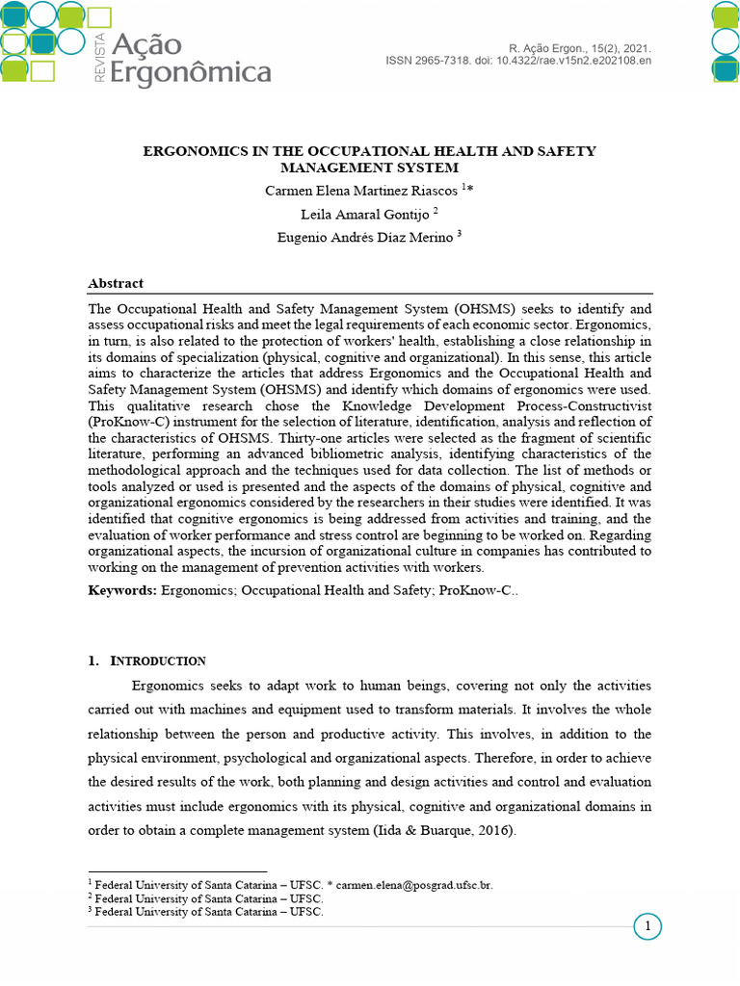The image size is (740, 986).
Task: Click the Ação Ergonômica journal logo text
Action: point(190,58)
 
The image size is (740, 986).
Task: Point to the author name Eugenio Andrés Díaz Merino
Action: point(363,238)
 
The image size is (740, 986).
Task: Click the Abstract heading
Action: point(116,283)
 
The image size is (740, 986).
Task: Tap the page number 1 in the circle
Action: point(648,927)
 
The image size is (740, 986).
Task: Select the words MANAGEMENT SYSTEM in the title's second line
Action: point(370,168)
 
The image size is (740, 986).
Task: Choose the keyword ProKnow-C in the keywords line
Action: point(475,589)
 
